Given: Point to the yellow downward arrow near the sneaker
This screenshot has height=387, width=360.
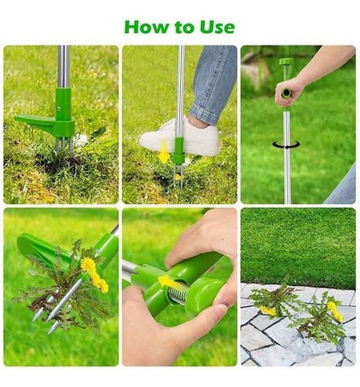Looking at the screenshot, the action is pyautogui.click(x=164, y=152).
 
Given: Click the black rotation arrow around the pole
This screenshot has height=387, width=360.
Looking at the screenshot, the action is pyautogui.click(x=286, y=144).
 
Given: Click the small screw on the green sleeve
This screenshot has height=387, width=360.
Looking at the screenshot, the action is pyautogui.click(x=59, y=108).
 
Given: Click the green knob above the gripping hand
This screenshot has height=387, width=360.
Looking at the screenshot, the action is pyautogui.click(x=286, y=62).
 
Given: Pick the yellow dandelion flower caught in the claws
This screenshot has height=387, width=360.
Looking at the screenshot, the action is pyautogui.click(x=93, y=274).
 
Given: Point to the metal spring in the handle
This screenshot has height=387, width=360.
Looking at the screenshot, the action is pyautogui.click(x=178, y=293).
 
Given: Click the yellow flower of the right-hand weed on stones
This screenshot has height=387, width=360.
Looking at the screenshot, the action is pyautogui.click(x=335, y=312).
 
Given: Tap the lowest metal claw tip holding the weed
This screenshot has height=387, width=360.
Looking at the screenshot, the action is pyautogui.click(x=51, y=331).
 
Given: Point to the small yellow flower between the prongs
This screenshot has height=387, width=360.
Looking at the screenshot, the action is pyautogui.click(x=178, y=177).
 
